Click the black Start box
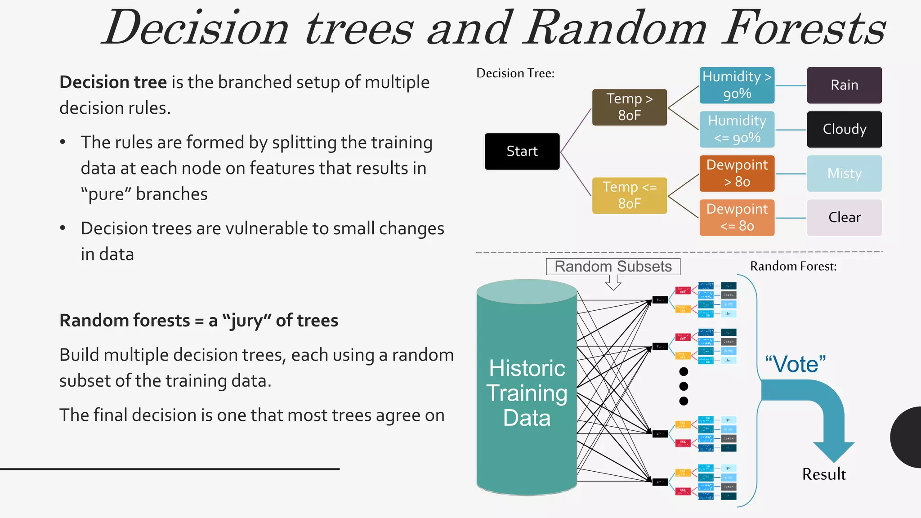[522, 151]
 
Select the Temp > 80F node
[629, 107]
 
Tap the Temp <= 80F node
[629, 195]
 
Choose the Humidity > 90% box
[737, 85]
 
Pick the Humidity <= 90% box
[737, 129]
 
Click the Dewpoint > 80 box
[737, 173]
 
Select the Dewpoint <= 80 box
[737, 217]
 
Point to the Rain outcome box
[844, 85]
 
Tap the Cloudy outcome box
[844, 129]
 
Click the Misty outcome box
[844, 173]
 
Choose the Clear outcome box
[844, 217]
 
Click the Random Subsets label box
[613, 266]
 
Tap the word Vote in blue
[796, 364]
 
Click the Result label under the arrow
[824, 474]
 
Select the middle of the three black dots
[684, 386]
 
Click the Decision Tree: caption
[515, 73]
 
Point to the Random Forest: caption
[793, 266]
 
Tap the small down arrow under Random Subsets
[613, 283]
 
